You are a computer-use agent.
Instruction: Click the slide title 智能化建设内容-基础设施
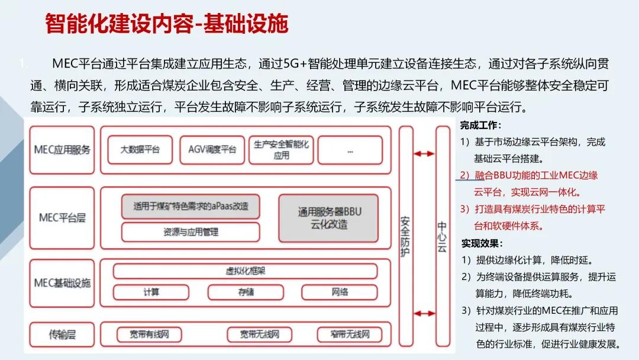(166, 24)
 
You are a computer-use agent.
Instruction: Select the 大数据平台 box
(140, 150)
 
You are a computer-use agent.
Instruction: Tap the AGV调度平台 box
(212, 150)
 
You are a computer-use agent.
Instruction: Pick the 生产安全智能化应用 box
(282, 150)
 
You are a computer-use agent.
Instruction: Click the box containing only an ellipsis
(350, 150)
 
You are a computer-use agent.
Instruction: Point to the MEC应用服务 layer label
(62, 150)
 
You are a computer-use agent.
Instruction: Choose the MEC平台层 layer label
(62, 218)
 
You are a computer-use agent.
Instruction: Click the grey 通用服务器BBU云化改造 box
(328, 218)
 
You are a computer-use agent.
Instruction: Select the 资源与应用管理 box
(191, 232)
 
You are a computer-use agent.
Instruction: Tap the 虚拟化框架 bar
(245, 271)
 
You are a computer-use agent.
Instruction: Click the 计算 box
(151, 292)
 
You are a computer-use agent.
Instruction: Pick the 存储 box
(245, 292)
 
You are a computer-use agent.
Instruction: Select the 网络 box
(340, 292)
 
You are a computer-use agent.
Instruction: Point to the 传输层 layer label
(62, 335)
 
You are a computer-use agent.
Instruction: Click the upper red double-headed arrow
(424, 154)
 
